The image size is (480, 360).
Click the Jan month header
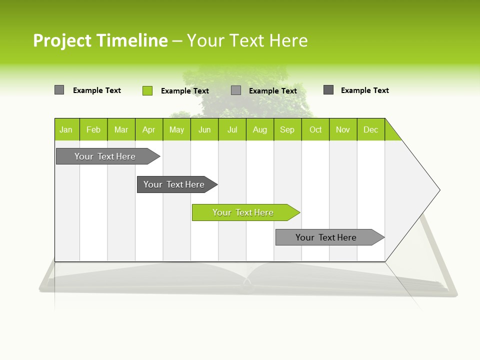(66, 129)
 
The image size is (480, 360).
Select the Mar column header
(121, 129)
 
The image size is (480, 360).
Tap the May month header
(176, 129)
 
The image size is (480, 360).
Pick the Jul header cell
(232, 129)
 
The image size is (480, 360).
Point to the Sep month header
(287, 129)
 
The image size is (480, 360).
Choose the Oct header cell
(315, 129)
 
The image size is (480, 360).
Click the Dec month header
(370, 129)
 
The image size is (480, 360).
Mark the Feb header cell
(93, 129)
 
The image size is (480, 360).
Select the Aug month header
(259, 129)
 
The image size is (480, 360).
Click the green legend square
(147, 90)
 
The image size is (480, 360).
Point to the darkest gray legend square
(328, 90)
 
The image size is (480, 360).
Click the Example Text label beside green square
(185, 91)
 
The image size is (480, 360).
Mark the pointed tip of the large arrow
(438, 190)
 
